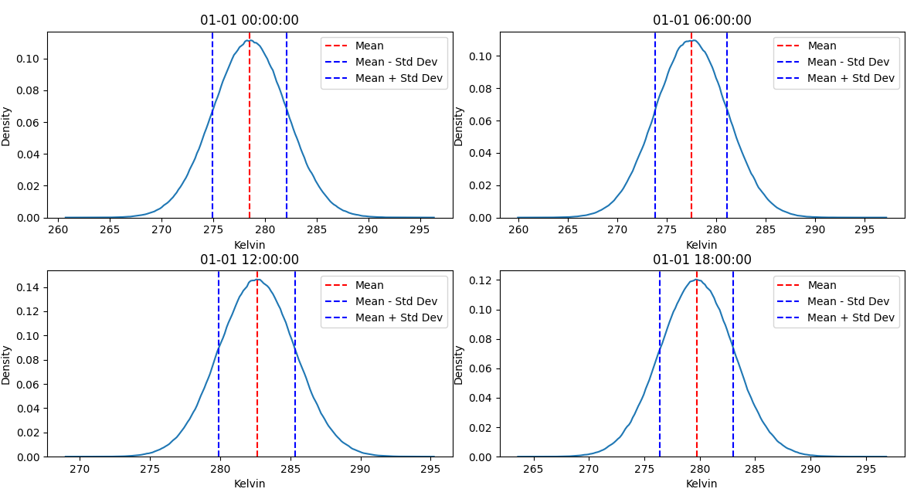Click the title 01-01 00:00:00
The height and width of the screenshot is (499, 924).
[x=249, y=21]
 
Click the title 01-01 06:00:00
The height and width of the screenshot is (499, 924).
[x=701, y=21]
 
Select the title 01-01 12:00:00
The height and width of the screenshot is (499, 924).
[x=249, y=260]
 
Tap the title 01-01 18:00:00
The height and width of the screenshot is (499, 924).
[x=701, y=260]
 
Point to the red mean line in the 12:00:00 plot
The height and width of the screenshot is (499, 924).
[x=257, y=371]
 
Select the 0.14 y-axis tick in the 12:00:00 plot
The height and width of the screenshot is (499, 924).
[x=31, y=287]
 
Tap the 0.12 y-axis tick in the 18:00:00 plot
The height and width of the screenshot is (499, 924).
[x=484, y=280]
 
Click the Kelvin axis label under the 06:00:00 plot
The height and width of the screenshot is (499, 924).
[x=701, y=245]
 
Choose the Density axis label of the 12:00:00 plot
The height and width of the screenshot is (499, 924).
[x=6, y=365]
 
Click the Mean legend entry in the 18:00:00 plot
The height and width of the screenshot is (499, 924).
[x=822, y=285]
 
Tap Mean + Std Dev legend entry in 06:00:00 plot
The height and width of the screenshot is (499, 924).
[x=851, y=78]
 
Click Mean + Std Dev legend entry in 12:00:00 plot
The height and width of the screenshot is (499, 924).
[x=399, y=317]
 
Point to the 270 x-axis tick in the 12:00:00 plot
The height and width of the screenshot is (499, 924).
[x=80, y=469]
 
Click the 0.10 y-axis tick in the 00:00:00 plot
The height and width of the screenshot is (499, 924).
[x=31, y=59]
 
